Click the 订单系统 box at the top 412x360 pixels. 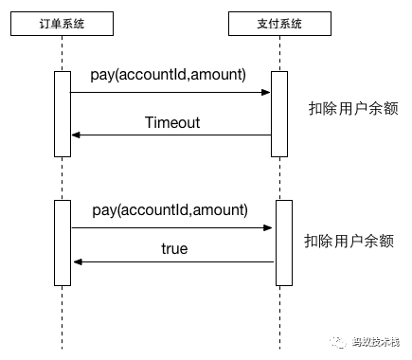coord(62,21)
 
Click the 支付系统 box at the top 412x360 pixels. coord(277,21)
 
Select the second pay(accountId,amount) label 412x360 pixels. coord(170,209)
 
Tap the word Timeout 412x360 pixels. coord(171,122)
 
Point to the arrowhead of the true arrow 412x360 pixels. coord(77,262)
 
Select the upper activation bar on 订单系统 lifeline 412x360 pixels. coord(63,113)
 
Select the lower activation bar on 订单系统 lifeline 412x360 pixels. coord(63,243)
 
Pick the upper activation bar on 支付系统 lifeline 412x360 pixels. coord(278,113)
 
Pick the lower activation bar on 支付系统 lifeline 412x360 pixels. coord(283,243)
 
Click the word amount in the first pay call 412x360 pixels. coord(219,74)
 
